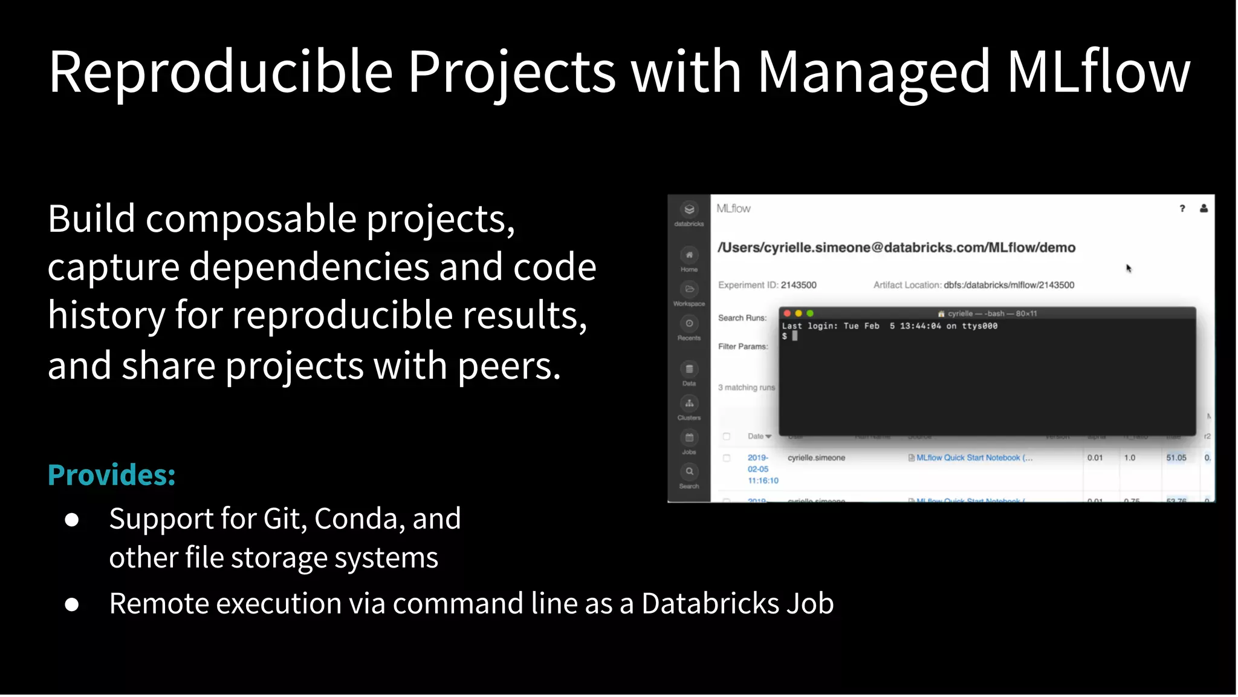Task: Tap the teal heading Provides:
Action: pos(112,475)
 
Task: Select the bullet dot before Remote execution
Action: pos(72,604)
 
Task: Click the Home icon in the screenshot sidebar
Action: pos(689,255)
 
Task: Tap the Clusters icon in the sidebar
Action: pos(689,404)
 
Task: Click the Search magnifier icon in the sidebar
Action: pos(689,472)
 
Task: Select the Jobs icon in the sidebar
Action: pos(689,438)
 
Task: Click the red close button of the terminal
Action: pos(787,313)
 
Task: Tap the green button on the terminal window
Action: pos(810,313)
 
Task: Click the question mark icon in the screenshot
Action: pos(1182,209)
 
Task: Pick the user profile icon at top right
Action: pos(1204,209)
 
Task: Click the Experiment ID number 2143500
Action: pos(798,285)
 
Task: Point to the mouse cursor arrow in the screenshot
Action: pos(1129,268)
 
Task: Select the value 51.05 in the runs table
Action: pos(1176,458)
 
